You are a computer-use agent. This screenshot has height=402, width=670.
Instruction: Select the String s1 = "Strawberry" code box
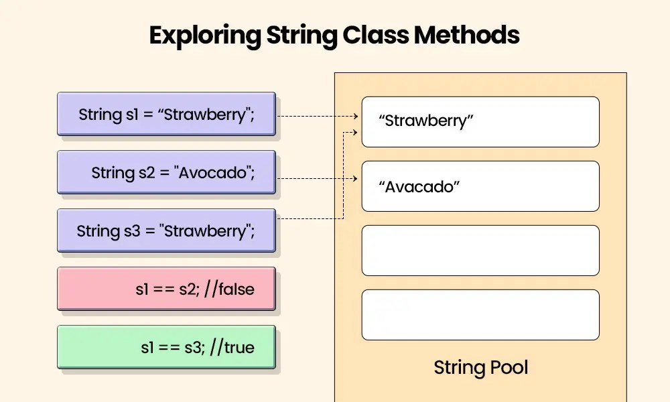(x=166, y=114)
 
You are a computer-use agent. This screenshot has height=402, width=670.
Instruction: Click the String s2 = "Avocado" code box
(x=166, y=173)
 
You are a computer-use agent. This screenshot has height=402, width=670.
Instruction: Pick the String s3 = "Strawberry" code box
(x=166, y=231)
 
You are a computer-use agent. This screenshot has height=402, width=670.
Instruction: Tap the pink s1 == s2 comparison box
(x=166, y=289)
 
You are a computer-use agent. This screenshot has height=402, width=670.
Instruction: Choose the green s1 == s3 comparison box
(x=166, y=347)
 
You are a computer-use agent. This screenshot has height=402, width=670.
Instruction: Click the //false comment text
(x=231, y=289)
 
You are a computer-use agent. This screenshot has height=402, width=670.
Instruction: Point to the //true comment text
(x=233, y=347)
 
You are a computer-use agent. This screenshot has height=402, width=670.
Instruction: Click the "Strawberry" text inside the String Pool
(x=426, y=121)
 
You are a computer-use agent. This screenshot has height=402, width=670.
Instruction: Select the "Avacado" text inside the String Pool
(x=419, y=186)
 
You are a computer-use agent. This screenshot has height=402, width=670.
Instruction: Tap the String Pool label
(x=480, y=367)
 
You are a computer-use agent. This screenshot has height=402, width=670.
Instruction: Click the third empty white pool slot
(x=480, y=251)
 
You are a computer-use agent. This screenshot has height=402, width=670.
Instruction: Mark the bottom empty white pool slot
(x=480, y=315)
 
